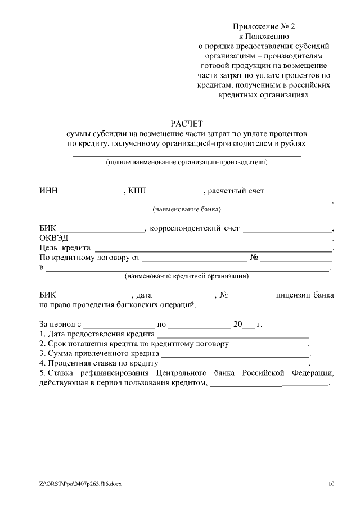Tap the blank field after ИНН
92,192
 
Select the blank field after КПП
175,192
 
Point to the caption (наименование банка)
187,210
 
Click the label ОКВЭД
53,238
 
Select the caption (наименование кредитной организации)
187,277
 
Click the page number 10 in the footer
331,484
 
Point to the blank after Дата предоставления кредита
233,335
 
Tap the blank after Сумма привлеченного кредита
235,354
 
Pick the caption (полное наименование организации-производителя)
187,163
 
